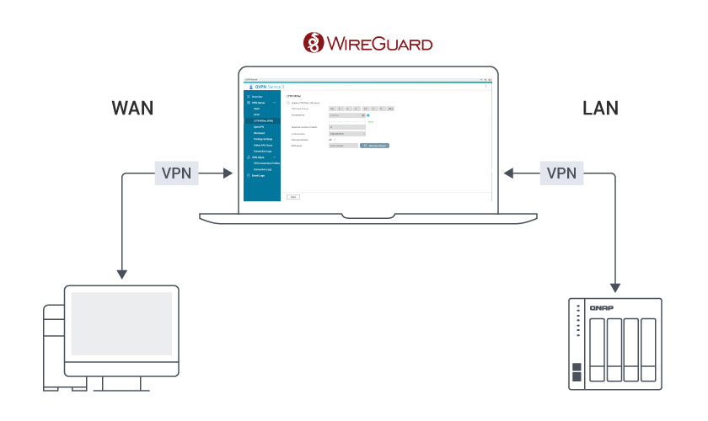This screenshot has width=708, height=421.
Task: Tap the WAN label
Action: click(x=133, y=109)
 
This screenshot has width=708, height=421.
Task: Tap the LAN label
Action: click(x=600, y=109)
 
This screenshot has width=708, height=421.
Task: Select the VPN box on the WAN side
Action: click(x=177, y=173)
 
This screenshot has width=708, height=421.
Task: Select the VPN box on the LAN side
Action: click(x=561, y=173)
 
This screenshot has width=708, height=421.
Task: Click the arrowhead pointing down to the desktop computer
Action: click(x=122, y=274)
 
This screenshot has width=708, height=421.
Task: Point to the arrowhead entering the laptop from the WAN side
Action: click(x=228, y=173)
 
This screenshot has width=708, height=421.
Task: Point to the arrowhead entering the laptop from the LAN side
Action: click(x=509, y=173)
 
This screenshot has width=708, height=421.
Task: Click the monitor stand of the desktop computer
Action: click(x=121, y=383)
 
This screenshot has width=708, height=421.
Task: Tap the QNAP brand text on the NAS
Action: click(x=602, y=308)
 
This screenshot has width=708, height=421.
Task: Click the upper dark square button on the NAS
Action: click(x=576, y=368)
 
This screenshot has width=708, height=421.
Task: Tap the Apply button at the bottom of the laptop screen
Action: click(x=293, y=196)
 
